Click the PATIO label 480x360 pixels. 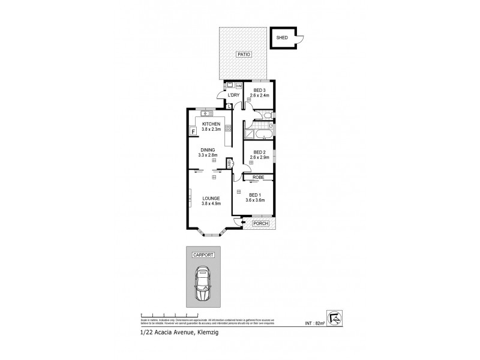[x=243, y=55]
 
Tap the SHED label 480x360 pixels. [x=282, y=38]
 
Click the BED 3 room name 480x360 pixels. [x=259, y=90]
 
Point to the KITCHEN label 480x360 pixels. [x=211, y=124]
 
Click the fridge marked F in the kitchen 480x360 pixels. [x=193, y=131]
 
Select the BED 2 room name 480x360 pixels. [x=259, y=152]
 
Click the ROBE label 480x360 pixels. [x=259, y=178]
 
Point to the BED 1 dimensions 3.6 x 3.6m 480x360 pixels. [x=254, y=200]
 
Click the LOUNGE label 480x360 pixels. [x=211, y=198]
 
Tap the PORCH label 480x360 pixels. [x=260, y=224]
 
